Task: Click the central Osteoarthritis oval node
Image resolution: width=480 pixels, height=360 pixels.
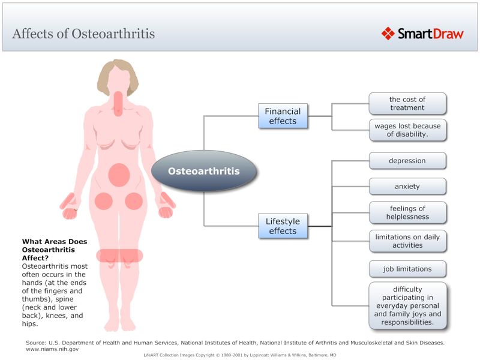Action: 203,171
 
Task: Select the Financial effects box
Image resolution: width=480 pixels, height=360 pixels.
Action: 283,116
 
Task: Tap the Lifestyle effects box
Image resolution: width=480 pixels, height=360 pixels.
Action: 283,226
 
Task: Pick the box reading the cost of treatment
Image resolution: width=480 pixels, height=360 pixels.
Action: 407,103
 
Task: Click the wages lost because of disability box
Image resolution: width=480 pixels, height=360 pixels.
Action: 407,130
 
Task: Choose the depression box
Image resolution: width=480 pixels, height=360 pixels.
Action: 407,161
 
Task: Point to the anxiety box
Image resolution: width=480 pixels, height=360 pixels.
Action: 407,186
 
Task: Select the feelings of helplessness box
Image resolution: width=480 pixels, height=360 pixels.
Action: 407,212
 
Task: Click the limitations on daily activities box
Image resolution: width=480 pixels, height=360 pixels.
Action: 407,241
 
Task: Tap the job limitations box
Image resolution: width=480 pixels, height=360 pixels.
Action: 407,268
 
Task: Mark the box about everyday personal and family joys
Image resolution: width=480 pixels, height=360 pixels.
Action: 407,305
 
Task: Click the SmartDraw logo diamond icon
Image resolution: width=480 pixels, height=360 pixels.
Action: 388,33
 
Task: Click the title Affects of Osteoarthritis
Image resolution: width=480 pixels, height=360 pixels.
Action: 83,33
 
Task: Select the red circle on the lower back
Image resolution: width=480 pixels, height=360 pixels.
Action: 119,175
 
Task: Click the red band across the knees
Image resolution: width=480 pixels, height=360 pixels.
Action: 119,255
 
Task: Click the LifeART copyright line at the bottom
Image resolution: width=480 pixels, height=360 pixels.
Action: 240,355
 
